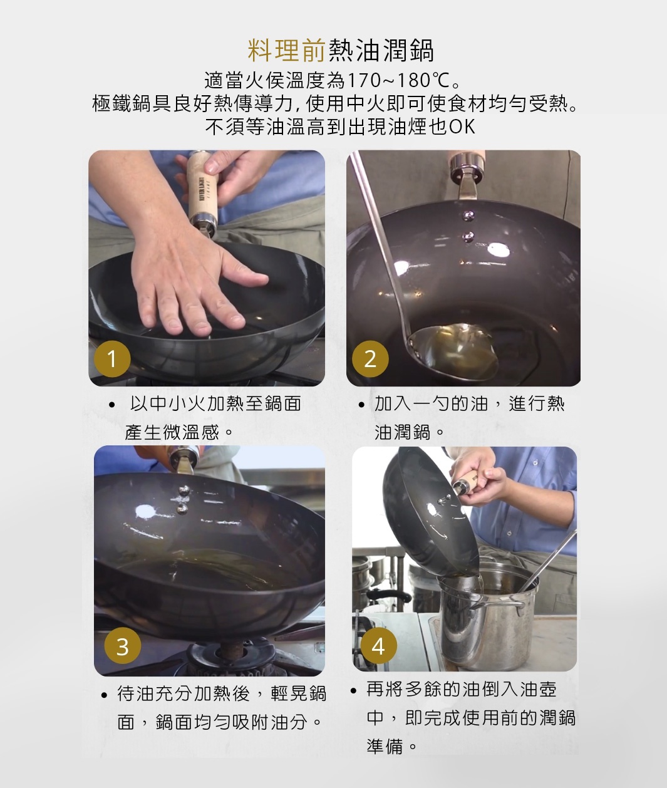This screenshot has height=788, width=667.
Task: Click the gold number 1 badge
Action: (x=112, y=359)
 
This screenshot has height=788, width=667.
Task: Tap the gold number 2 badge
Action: (x=370, y=359)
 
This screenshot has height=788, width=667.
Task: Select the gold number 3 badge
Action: (x=122, y=646)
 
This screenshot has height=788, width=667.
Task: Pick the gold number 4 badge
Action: (x=378, y=646)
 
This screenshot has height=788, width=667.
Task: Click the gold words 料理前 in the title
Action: (x=287, y=51)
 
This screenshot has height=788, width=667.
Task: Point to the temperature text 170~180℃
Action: (x=398, y=80)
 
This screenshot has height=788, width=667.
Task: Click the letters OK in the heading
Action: (x=462, y=127)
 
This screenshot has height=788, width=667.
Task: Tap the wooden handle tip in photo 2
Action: (x=468, y=164)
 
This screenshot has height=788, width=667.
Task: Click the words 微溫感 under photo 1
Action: (x=190, y=432)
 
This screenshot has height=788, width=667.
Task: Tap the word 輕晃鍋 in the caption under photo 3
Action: (x=298, y=693)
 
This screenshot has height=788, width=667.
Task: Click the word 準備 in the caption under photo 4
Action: (x=385, y=746)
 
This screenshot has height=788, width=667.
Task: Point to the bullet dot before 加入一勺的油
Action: (x=361, y=405)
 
